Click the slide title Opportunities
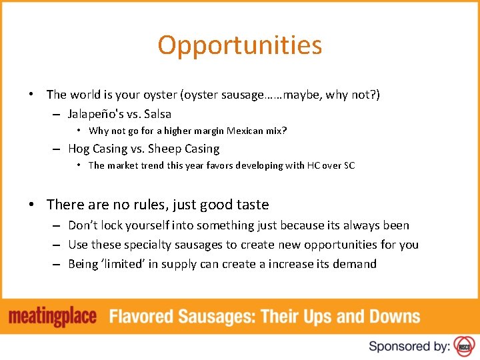pos(240,45)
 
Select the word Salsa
pos(157,114)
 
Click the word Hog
pos(79,149)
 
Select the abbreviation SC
pos(349,165)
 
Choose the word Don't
pos(83,225)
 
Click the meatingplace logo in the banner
pos(53,317)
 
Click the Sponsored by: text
pos(409,346)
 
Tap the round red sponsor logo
pos(464,346)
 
